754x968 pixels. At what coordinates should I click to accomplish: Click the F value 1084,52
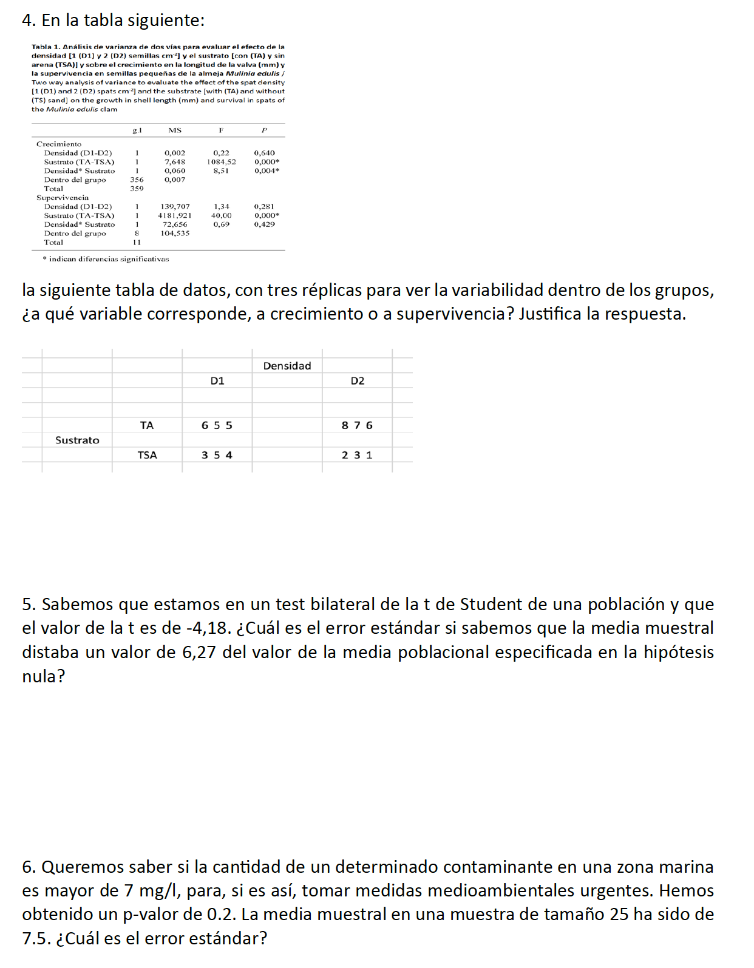(x=221, y=162)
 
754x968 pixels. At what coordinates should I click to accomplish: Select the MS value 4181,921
(x=175, y=215)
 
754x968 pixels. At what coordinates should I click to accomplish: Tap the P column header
(x=264, y=130)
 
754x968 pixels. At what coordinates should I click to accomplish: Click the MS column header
(x=175, y=130)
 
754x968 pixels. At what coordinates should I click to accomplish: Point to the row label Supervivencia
(x=63, y=198)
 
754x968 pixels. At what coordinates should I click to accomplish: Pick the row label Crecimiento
(x=59, y=144)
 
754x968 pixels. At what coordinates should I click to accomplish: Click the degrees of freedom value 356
(x=137, y=180)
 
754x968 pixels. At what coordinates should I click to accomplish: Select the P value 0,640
(x=264, y=153)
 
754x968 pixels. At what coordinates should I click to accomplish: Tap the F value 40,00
(x=221, y=215)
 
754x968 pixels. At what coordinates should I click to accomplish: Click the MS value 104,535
(x=175, y=234)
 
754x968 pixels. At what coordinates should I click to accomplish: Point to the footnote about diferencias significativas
(x=106, y=259)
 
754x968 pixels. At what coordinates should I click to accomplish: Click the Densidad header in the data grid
(x=287, y=366)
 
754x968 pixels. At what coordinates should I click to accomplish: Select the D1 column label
(x=217, y=381)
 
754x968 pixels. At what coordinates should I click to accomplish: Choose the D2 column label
(x=358, y=381)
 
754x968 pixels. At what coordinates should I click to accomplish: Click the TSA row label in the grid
(x=147, y=455)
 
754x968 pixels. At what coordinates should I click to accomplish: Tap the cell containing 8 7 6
(x=357, y=425)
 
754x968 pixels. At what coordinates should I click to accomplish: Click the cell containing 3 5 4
(x=217, y=455)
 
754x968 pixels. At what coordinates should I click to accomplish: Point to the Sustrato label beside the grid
(x=77, y=440)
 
